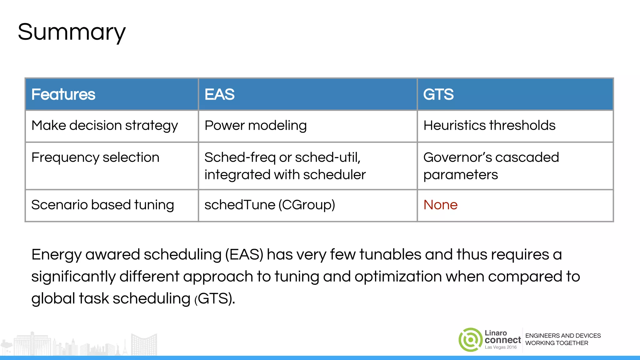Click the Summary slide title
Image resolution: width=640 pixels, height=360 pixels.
(x=72, y=32)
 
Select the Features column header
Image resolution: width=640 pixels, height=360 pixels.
(x=63, y=94)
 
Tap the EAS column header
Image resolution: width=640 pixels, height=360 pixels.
(x=219, y=94)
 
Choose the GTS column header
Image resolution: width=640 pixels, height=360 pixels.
(x=438, y=94)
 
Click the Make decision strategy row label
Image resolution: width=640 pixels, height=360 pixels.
(x=105, y=126)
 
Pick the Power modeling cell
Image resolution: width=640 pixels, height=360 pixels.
(x=256, y=126)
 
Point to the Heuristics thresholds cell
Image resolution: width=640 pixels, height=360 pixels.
(x=489, y=126)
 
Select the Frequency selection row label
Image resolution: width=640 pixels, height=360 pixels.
(x=95, y=157)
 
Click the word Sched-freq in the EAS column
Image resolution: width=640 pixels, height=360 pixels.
(x=240, y=157)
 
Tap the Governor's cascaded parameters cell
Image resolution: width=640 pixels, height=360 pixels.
(x=491, y=166)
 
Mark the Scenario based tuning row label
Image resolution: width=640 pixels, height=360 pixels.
(x=102, y=205)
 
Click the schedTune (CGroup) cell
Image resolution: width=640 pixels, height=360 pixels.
(x=270, y=205)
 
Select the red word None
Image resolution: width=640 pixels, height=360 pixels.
(x=440, y=205)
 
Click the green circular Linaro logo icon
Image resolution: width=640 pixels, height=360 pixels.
(x=470, y=340)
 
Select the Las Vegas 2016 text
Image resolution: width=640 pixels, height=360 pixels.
(x=501, y=347)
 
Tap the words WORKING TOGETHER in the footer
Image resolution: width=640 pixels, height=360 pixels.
(x=557, y=343)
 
